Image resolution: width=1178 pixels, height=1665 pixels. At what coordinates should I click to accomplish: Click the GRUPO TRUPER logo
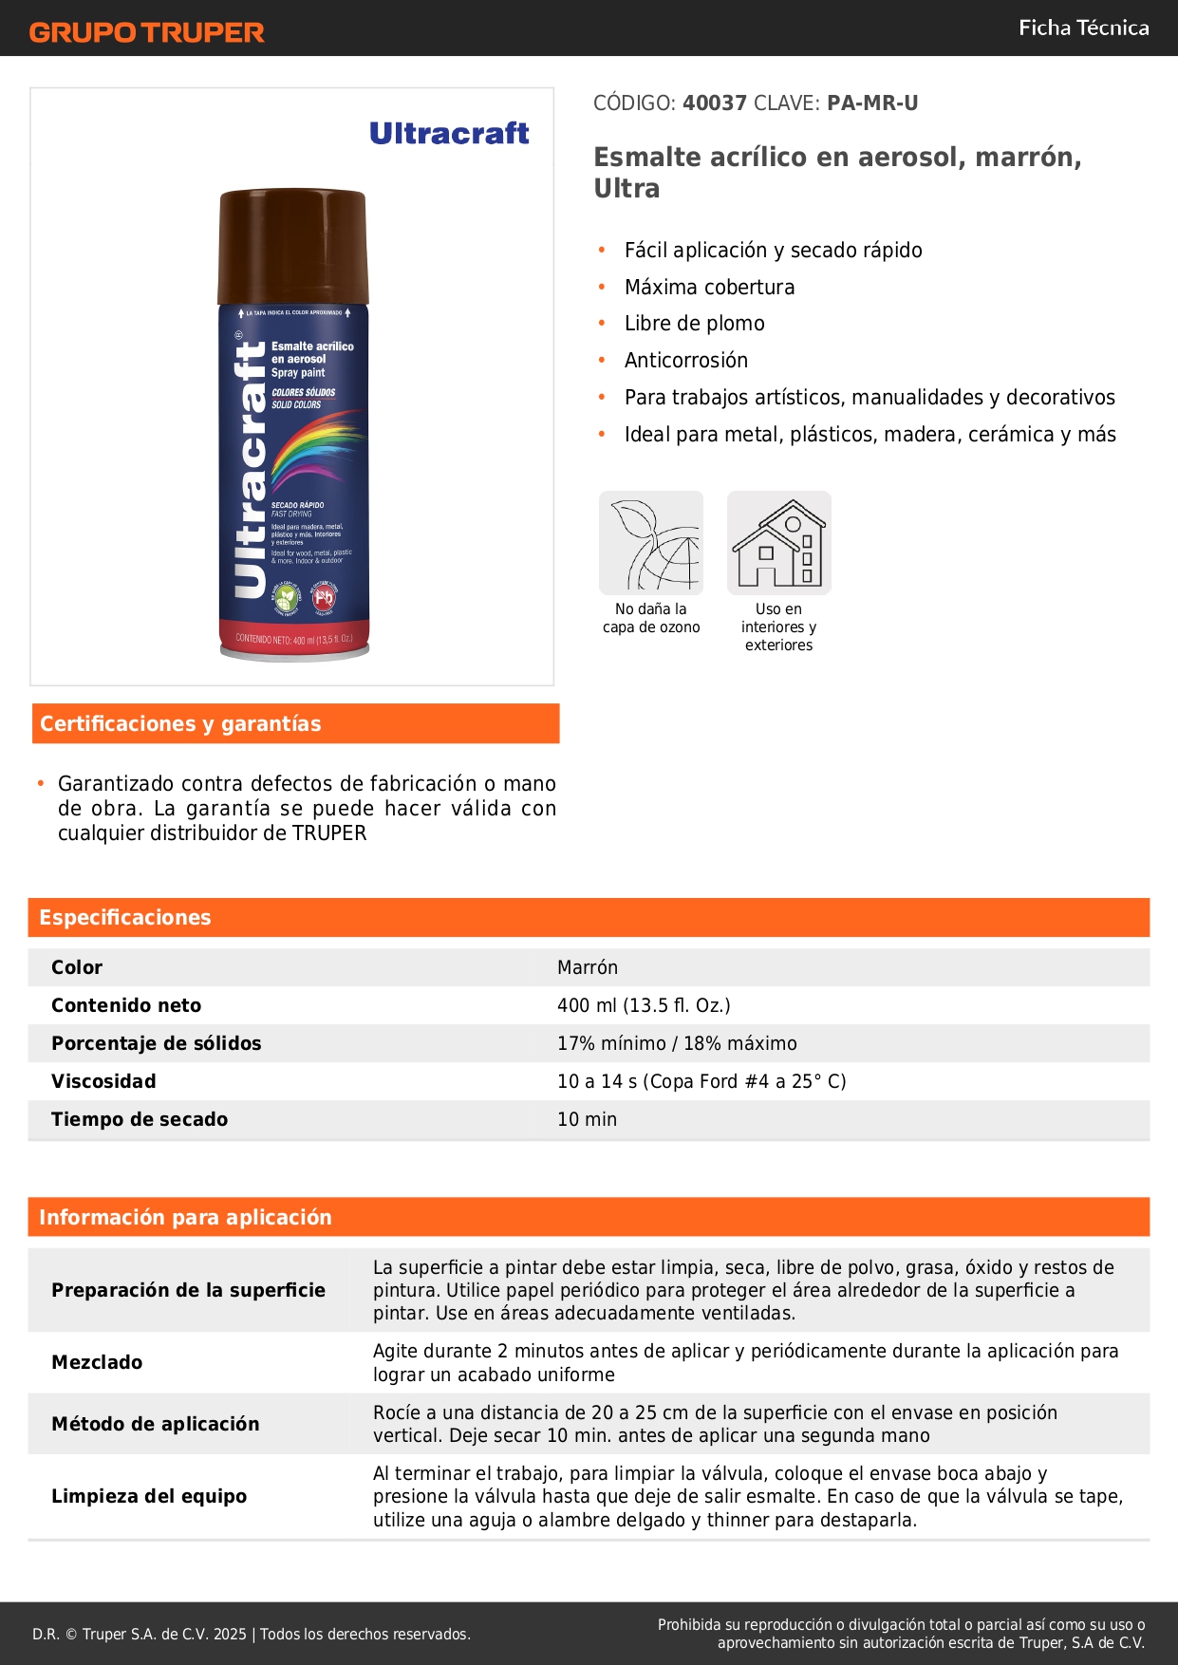pyautogui.click(x=146, y=32)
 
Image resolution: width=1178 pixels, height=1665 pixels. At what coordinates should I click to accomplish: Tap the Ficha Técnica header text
pyautogui.click(x=1083, y=28)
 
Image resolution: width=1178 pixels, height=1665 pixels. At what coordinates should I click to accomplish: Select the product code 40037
pyautogui.click(x=715, y=103)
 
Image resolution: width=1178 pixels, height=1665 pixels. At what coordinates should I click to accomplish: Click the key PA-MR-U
pyautogui.click(x=872, y=103)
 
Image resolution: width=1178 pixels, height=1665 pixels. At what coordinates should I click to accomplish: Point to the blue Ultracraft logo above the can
pyautogui.click(x=449, y=134)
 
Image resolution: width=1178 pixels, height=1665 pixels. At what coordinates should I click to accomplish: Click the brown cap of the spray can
pyautogui.click(x=292, y=245)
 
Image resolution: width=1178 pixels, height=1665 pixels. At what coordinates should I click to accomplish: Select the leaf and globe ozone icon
pyautogui.click(x=651, y=543)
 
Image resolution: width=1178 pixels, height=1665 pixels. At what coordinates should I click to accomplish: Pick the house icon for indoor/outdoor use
pyautogui.click(x=778, y=543)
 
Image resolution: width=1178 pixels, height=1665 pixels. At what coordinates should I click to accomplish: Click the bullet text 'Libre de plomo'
pyautogui.click(x=694, y=324)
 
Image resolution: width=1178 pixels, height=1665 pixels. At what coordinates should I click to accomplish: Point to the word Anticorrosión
pyautogui.click(x=685, y=361)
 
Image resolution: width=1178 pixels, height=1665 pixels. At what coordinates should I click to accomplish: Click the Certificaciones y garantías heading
pyautogui.click(x=180, y=724)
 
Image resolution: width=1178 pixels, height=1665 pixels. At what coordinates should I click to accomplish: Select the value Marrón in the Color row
pyautogui.click(x=588, y=967)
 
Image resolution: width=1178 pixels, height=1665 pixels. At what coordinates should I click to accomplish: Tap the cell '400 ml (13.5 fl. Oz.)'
pyautogui.click(x=644, y=1005)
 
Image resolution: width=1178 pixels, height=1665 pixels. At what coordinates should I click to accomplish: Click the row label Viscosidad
pyautogui.click(x=103, y=1081)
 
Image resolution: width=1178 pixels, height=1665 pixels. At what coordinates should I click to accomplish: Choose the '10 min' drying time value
pyautogui.click(x=587, y=1119)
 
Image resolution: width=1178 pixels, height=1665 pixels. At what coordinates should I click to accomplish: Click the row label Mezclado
pyautogui.click(x=97, y=1362)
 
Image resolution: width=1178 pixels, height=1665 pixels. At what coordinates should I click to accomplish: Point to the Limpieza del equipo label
pyautogui.click(x=149, y=1496)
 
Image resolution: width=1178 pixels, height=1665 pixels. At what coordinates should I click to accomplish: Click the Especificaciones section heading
pyautogui.click(x=125, y=918)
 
